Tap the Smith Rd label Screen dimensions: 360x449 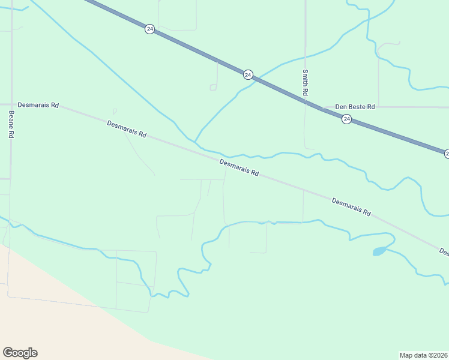click(305, 83)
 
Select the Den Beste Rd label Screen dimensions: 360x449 click(355, 106)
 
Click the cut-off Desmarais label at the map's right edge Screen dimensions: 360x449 click(444, 251)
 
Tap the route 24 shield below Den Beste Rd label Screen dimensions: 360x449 click(346, 119)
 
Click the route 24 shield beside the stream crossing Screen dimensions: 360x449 click(248, 74)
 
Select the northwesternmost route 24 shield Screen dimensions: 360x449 click(149, 29)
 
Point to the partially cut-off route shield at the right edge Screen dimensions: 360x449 click(446, 154)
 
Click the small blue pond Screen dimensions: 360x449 click(379, 251)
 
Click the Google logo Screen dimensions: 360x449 click(20, 353)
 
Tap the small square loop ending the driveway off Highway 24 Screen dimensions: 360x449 click(212, 88)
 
